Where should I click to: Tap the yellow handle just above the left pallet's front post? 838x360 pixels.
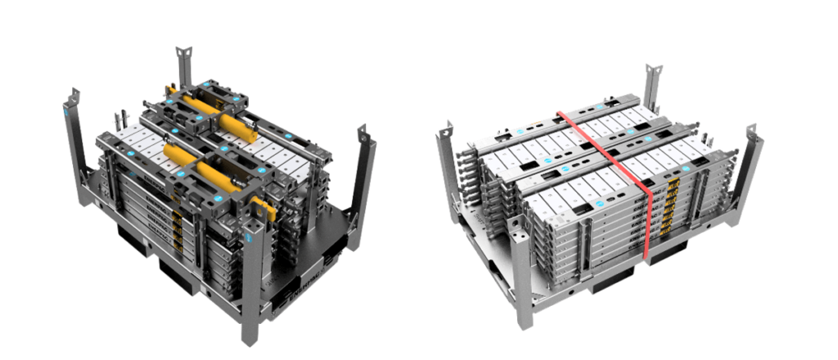pyautogui.click(x=260, y=209)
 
